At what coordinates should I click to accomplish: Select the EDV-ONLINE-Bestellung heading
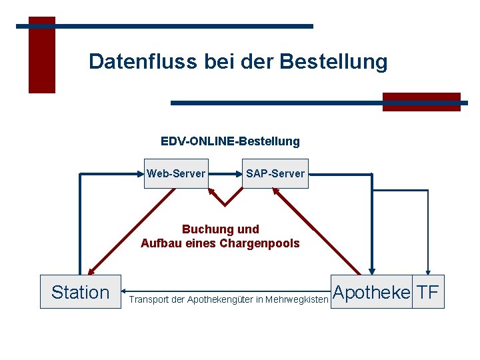pos(230,141)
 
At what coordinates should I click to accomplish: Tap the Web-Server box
pos(176,174)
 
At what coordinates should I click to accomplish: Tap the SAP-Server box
pos(275,174)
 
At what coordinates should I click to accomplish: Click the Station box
pos(80,292)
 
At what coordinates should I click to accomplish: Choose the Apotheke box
pos(371,292)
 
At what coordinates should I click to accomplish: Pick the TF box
pos(428,292)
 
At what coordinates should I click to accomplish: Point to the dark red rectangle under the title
pos(421,102)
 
